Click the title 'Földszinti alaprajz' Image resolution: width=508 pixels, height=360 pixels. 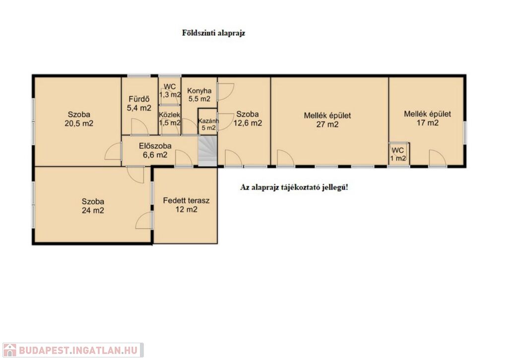click(213, 33)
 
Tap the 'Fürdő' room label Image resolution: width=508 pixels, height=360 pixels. click(139, 99)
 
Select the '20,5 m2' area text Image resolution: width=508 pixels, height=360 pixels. click(79, 124)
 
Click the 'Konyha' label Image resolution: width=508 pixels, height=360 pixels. click(199, 91)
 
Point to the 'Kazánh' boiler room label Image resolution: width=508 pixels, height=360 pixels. click(209, 121)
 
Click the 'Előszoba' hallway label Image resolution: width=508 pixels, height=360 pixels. click(155, 146)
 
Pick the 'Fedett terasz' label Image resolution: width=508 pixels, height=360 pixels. click(187, 201)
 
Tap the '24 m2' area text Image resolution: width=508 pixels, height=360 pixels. click(93, 211)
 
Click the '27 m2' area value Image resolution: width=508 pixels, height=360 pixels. click(327, 124)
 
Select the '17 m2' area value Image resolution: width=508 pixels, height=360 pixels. click(428, 123)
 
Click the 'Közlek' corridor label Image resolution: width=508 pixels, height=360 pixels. click(170, 115)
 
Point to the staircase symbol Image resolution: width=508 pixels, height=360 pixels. click(207, 151)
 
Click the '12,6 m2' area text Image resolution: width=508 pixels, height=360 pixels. click(248, 123)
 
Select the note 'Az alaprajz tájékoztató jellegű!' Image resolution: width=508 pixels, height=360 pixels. click(294, 188)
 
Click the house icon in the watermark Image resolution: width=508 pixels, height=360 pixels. click(9, 350)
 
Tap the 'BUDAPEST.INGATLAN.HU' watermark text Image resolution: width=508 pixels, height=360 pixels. click(78, 351)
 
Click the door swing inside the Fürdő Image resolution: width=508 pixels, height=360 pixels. click(139, 127)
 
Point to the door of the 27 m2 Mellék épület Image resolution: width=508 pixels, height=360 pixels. click(286, 158)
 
